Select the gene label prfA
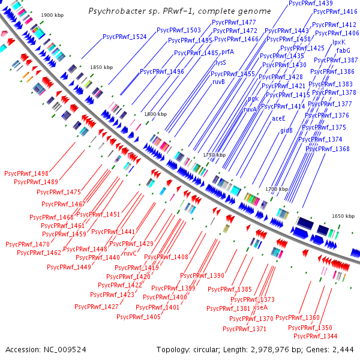(x=227, y=52)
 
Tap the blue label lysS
(x=221, y=62)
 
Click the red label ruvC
(x=130, y=253)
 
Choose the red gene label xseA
(x=260, y=307)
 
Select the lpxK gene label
(x=339, y=42)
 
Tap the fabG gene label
(x=343, y=51)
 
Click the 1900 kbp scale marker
(x=52, y=14)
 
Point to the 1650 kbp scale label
(x=344, y=215)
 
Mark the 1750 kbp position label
(x=215, y=155)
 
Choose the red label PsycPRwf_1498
(x=26, y=173)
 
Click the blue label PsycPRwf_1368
(x=326, y=149)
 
